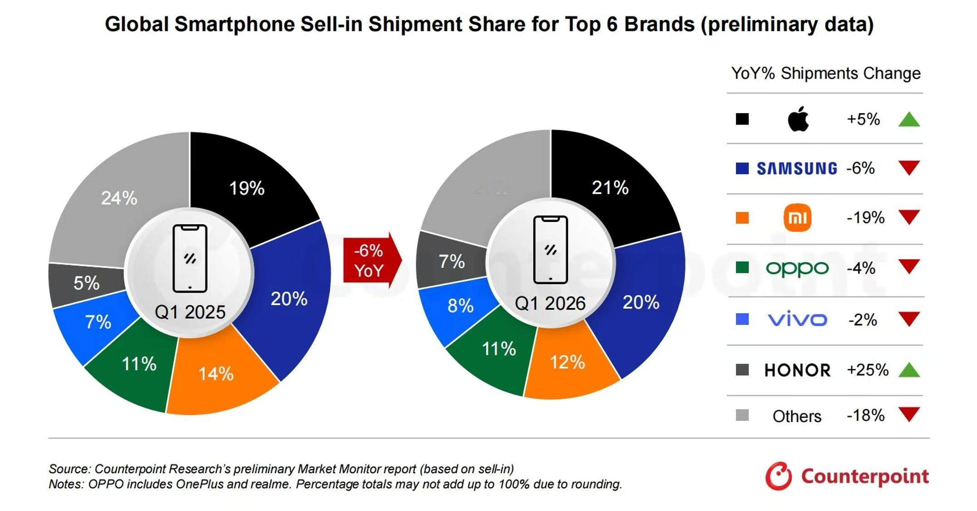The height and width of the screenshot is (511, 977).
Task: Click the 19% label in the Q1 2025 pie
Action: point(247,188)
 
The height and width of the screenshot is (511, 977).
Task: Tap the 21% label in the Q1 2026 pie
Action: point(610,187)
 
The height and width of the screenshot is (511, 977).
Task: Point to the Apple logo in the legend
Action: point(798,119)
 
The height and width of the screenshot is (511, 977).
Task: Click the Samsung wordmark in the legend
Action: point(796,169)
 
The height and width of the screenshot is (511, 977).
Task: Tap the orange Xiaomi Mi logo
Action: point(797,218)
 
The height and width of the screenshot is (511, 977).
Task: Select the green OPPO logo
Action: point(797,268)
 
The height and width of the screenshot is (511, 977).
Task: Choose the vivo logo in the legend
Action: point(797,320)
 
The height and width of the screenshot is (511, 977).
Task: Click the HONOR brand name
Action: point(797,370)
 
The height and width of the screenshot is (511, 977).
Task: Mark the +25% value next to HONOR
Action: point(867,370)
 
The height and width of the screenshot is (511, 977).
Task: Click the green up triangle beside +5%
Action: point(909,120)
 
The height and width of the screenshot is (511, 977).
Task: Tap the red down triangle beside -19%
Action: point(909,217)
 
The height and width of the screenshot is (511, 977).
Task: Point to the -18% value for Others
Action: point(865,416)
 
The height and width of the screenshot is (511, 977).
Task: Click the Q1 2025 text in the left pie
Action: point(190,312)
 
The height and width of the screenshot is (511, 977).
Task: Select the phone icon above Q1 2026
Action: point(550,250)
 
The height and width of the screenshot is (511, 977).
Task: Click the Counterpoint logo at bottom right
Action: point(847,476)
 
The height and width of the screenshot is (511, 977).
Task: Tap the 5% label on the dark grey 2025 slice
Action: point(86,283)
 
